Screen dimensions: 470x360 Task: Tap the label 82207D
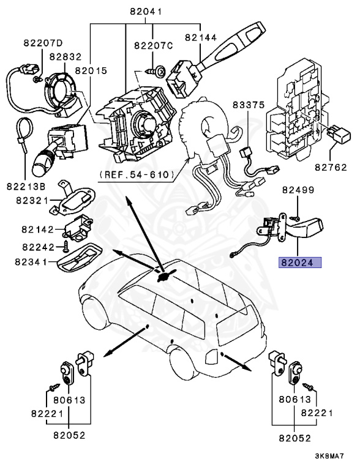[43, 43]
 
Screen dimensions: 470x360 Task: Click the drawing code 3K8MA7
[330, 456]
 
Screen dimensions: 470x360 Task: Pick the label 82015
[89, 70]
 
